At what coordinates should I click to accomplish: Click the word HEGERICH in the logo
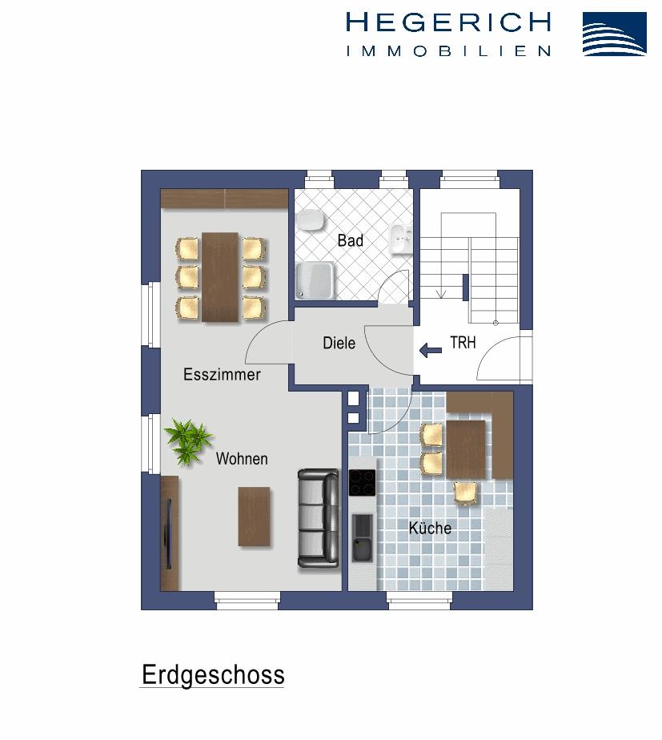click(448, 22)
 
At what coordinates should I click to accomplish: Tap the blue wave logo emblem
click(614, 34)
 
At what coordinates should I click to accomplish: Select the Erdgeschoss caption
click(213, 675)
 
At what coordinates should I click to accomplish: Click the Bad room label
click(350, 240)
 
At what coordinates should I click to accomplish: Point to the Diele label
click(339, 343)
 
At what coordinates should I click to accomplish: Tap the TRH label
click(463, 343)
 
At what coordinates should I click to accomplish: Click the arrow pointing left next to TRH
click(431, 348)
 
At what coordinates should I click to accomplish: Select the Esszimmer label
click(222, 374)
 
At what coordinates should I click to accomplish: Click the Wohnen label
click(242, 459)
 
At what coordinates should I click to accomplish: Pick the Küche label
click(430, 528)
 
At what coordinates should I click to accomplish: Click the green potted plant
click(188, 440)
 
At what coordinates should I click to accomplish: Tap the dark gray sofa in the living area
click(319, 517)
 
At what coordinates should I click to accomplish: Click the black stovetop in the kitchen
click(362, 483)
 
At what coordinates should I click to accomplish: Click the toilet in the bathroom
click(310, 221)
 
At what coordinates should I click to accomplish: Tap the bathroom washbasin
click(401, 238)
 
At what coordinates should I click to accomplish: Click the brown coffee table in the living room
click(255, 517)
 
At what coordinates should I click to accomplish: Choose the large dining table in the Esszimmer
click(220, 276)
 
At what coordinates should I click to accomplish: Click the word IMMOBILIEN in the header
click(448, 50)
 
